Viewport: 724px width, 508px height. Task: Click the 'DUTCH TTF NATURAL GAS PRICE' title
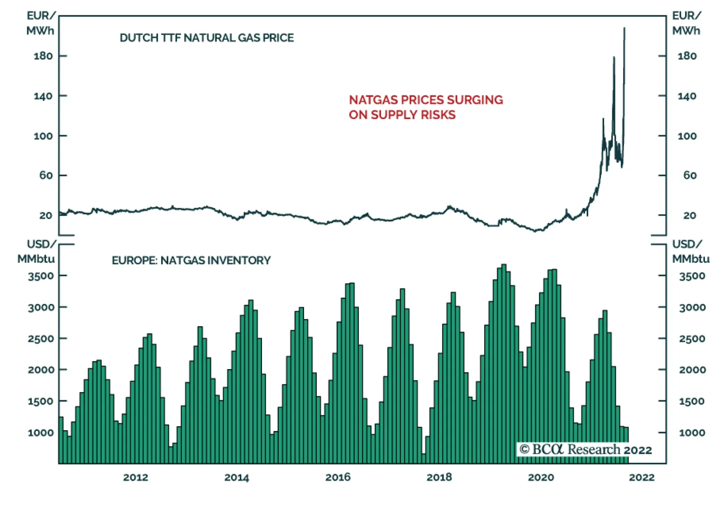pos(206,38)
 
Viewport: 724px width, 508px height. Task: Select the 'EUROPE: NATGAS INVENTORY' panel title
pos(191,261)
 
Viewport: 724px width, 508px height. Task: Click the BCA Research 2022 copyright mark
pos(586,450)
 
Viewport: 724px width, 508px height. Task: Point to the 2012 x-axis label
pos(135,477)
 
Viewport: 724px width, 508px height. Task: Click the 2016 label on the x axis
pos(338,477)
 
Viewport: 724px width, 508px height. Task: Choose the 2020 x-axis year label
pos(541,477)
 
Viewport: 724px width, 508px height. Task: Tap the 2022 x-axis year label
pos(642,477)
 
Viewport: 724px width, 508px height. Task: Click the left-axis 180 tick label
pos(43,56)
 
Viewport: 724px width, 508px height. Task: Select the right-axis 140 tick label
pos(686,96)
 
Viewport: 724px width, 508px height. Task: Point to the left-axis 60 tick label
pos(46,176)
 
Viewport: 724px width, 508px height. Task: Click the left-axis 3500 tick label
pos(41,276)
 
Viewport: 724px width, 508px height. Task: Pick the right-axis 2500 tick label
pos(692,339)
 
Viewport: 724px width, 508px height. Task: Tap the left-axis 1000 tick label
pos(41,433)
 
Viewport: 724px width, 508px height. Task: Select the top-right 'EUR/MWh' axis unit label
pos(686,23)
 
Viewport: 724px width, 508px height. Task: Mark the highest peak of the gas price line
pos(624,28)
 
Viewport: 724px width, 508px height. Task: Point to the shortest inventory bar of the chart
pos(424,458)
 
